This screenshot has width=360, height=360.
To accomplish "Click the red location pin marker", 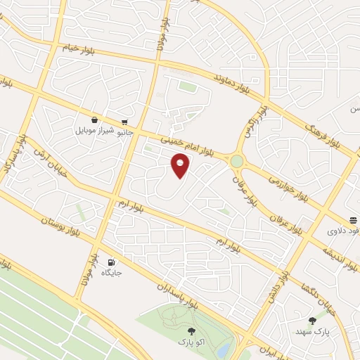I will tap(181, 165).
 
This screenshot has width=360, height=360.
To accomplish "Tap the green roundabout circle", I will tap(236, 161).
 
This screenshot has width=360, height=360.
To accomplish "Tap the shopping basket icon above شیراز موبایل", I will tap(94, 120).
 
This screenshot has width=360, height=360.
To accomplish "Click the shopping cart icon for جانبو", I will tap(125, 121).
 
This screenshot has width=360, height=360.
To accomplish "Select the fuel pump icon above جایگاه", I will tap(111, 262).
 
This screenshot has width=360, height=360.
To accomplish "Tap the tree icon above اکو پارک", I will tap(191, 330).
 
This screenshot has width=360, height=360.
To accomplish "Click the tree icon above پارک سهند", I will tap(312, 321).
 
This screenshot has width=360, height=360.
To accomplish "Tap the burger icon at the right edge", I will tap(352, 219).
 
